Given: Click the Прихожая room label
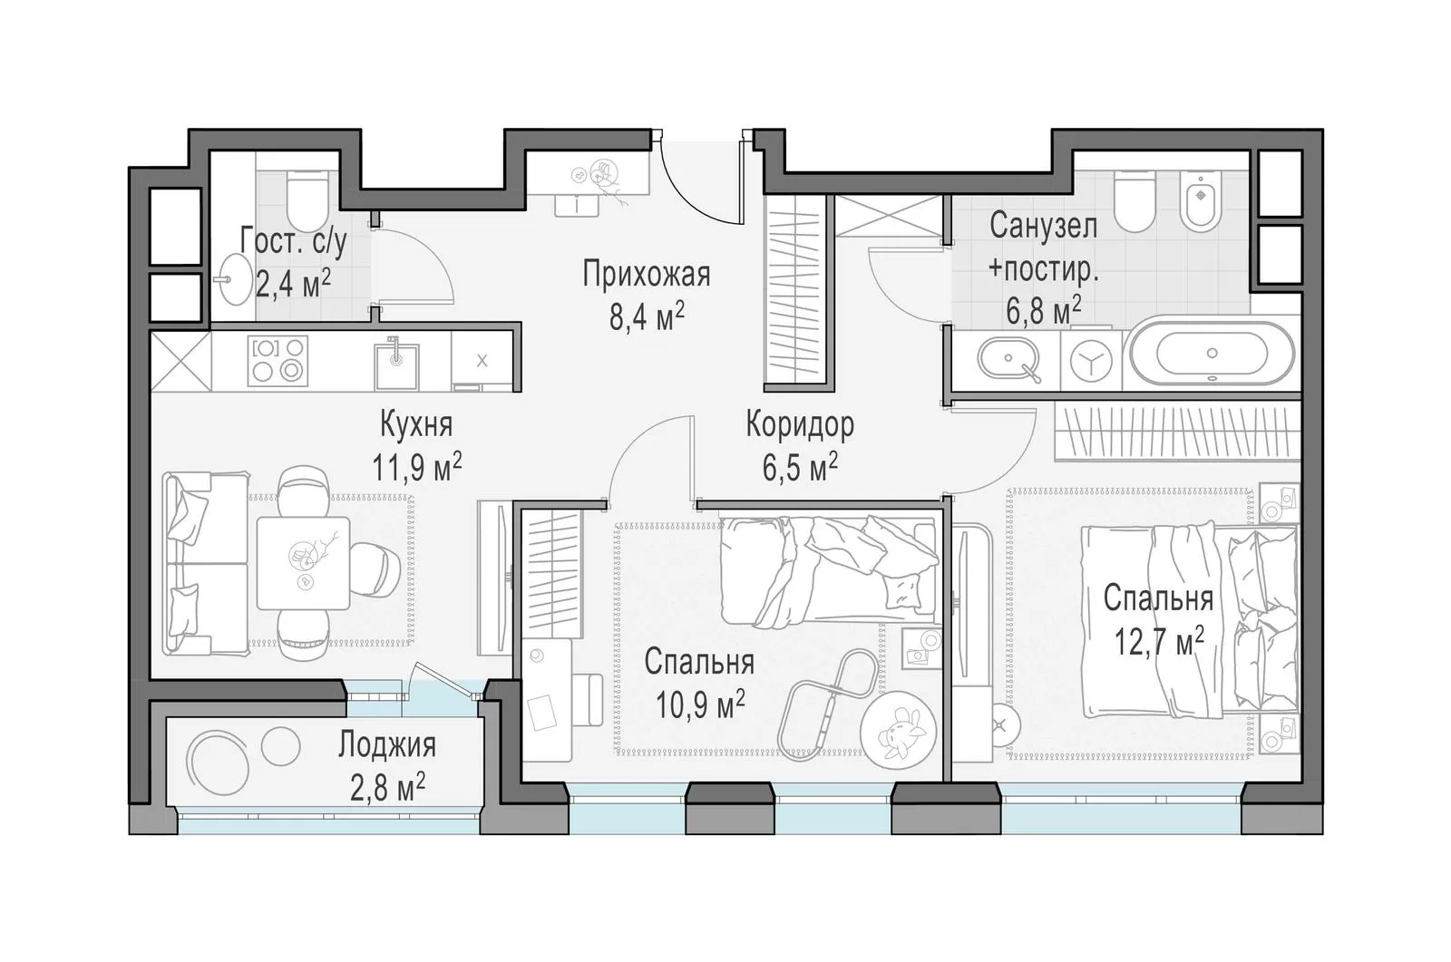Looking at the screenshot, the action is coord(646,275).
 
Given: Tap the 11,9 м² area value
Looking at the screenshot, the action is coord(416,466).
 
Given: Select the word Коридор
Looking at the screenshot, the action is coord(800,424).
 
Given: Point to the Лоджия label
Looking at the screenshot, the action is coord(386,745).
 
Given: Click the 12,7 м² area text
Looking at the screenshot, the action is coord(1159,640).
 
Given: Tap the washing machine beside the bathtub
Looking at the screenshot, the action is coord(1092,361).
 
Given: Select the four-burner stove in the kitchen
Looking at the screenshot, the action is coord(278,362).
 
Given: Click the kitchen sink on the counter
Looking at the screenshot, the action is coord(396,364).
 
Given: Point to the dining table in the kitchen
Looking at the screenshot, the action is coord(303,563).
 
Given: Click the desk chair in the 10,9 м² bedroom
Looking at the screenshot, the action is coord(589,700).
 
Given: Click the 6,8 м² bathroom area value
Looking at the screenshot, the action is coord(1043,311).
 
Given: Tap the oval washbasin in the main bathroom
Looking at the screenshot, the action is coord(1008,360).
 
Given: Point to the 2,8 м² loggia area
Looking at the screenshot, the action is coord(387,789).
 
